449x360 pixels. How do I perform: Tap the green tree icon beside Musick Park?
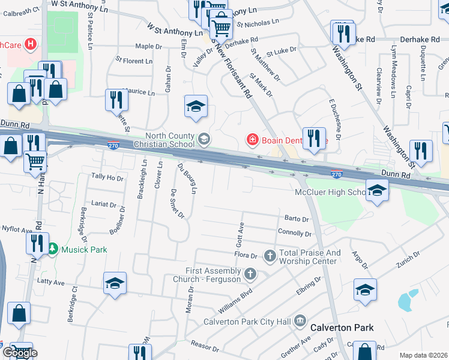click(x=52, y=248)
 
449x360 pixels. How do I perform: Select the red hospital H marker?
click(x=30, y=44)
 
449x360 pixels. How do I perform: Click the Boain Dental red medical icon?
click(x=252, y=140)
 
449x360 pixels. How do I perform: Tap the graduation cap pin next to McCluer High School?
click(x=376, y=191)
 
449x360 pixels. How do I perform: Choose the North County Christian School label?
click(x=164, y=140)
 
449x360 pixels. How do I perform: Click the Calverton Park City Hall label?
click(x=247, y=322)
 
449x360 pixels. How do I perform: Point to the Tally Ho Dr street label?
click(x=107, y=178)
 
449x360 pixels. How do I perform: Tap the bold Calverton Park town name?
click(x=342, y=328)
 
